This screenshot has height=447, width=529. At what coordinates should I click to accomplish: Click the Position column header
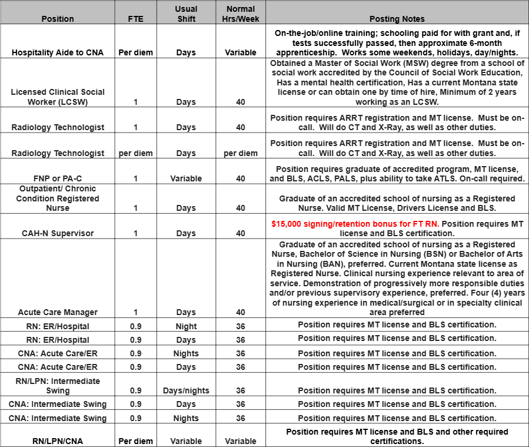pos(58,19)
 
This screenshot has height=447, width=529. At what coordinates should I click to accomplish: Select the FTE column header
pos(135,19)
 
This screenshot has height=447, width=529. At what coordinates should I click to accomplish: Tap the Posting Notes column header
pos(397,19)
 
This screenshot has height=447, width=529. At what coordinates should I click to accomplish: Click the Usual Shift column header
pos(186,14)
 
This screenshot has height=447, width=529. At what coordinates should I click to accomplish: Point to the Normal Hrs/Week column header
pos(241,14)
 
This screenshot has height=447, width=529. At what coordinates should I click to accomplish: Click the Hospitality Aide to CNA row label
pos(58,52)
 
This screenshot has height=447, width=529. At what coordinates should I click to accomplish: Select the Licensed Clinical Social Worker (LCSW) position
pos(58,97)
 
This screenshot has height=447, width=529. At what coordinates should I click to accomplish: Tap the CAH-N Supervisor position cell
pos(58,233)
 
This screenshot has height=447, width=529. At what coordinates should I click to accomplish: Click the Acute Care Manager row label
pos(58,312)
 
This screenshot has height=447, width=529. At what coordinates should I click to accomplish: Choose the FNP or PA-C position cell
pos(58,178)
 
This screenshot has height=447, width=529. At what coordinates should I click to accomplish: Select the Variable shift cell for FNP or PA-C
pos(186,178)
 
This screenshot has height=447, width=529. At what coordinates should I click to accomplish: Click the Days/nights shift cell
pos(186,390)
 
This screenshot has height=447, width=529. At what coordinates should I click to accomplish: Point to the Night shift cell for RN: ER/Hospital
pos(186,326)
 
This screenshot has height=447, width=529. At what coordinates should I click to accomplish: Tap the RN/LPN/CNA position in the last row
pos(58,441)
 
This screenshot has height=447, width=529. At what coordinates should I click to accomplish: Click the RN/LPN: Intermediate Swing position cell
pos(58,386)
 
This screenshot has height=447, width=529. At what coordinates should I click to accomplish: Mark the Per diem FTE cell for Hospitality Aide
pos(135,52)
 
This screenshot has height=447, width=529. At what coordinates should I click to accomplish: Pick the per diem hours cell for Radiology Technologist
pos(241,153)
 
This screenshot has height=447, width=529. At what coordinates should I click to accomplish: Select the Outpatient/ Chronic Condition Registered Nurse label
pos(58,198)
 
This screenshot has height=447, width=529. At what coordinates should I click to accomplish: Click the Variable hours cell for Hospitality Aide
pos(241,52)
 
